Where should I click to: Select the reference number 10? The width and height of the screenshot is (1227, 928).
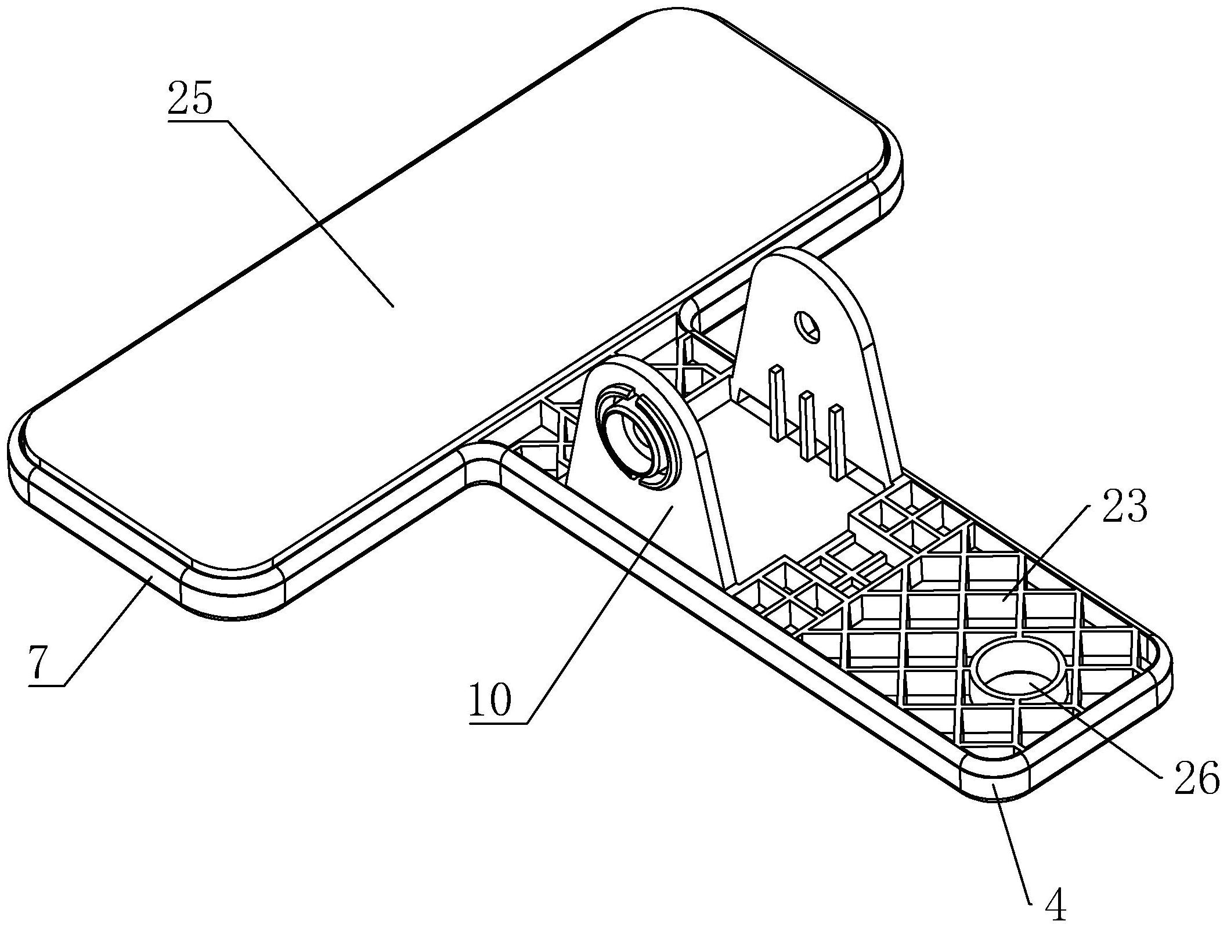tap(491, 700)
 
